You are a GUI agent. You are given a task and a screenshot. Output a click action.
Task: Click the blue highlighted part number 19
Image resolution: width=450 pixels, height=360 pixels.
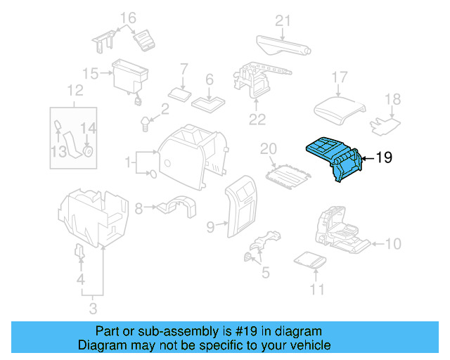[335, 158]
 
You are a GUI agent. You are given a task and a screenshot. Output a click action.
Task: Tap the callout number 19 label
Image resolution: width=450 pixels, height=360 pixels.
[383, 157]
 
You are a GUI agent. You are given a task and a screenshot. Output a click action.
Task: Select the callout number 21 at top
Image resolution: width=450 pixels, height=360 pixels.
[282, 20]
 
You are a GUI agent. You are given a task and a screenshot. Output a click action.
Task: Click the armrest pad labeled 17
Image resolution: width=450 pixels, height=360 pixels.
[340, 106]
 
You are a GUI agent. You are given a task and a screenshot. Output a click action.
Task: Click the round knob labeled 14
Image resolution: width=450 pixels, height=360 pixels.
[88, 150]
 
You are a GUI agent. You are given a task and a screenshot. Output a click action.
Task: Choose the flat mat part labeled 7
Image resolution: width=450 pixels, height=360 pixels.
[179, 93]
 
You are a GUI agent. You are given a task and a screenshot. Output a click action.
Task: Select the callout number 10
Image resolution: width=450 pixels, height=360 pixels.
[393, 244]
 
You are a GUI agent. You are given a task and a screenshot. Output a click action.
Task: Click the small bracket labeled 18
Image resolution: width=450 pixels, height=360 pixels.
[386, 125]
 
